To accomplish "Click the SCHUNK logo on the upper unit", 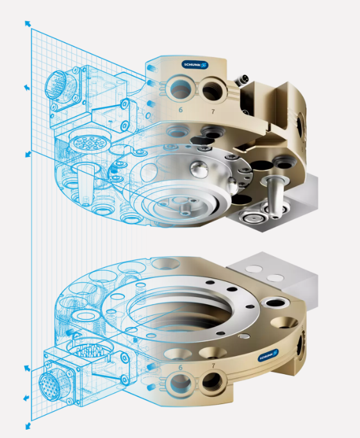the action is [x=195, y=65].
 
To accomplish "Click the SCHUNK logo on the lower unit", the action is [x=268, y=355].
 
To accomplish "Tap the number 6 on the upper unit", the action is [x=181, y=109].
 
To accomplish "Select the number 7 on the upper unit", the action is [x=213, y=111].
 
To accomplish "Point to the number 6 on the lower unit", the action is [x=181, y=368].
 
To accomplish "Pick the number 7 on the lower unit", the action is [x=213, y=366].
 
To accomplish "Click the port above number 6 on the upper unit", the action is [x=181, y=88].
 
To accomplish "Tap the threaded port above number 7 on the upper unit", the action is [x=212, y=89].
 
